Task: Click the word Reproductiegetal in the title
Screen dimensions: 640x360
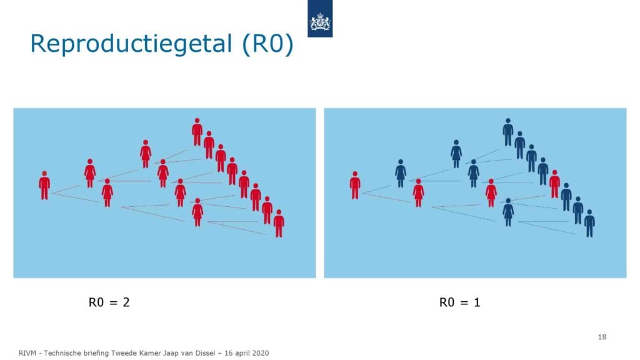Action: click(x=131, y=43)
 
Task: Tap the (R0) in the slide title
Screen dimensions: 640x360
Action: click(x=267, y=43)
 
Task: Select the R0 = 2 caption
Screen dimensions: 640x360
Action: click(x=109, y=302)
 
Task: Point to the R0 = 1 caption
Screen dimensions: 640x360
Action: click(x=459, y=302)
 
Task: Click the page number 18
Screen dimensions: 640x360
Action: click(x=602, y=337)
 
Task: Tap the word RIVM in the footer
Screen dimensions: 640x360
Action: click(x=27, y=353)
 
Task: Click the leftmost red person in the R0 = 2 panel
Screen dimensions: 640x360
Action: click(x=44, y=185)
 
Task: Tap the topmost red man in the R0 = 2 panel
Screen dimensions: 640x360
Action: click(x=197, y=132)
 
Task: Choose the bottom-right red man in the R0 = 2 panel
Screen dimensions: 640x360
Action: click(x=279, y=224)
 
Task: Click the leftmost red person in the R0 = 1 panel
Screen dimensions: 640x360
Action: click(x=355, y=185)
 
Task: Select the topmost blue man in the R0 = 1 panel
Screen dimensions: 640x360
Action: click(x=507, y=132)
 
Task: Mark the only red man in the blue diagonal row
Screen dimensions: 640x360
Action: click(x=554, y=184)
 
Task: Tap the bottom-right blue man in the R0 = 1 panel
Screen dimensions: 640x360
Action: click(x=589, y=224)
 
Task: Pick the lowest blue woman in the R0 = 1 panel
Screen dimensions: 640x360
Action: click(x=508, y=212)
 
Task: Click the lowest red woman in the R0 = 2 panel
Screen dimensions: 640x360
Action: click(x=197, y=212)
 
